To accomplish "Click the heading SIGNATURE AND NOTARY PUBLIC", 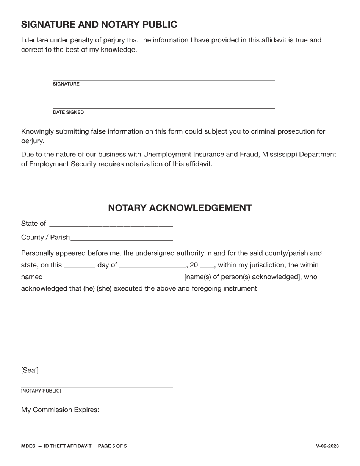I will (99, 25).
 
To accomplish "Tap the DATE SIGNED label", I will (68, 112).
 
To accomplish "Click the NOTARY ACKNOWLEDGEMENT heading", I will (180, 208).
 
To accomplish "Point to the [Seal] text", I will (30, 370).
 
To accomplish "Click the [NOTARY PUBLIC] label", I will (41, 391).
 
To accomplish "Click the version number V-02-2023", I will (327, 446).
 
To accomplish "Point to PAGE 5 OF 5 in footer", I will (112, 446).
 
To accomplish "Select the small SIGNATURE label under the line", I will (66, 84).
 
